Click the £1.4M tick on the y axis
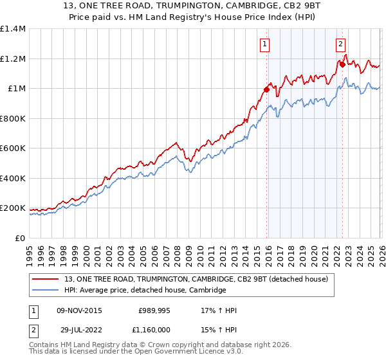tap(13, 29)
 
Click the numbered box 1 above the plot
tap(265, 44)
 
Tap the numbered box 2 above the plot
tap(340, 44)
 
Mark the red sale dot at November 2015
tap(266, 90)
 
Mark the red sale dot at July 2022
tap(342, 64)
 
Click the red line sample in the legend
tap(46, 279)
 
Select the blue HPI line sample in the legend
tap(46, 291)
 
